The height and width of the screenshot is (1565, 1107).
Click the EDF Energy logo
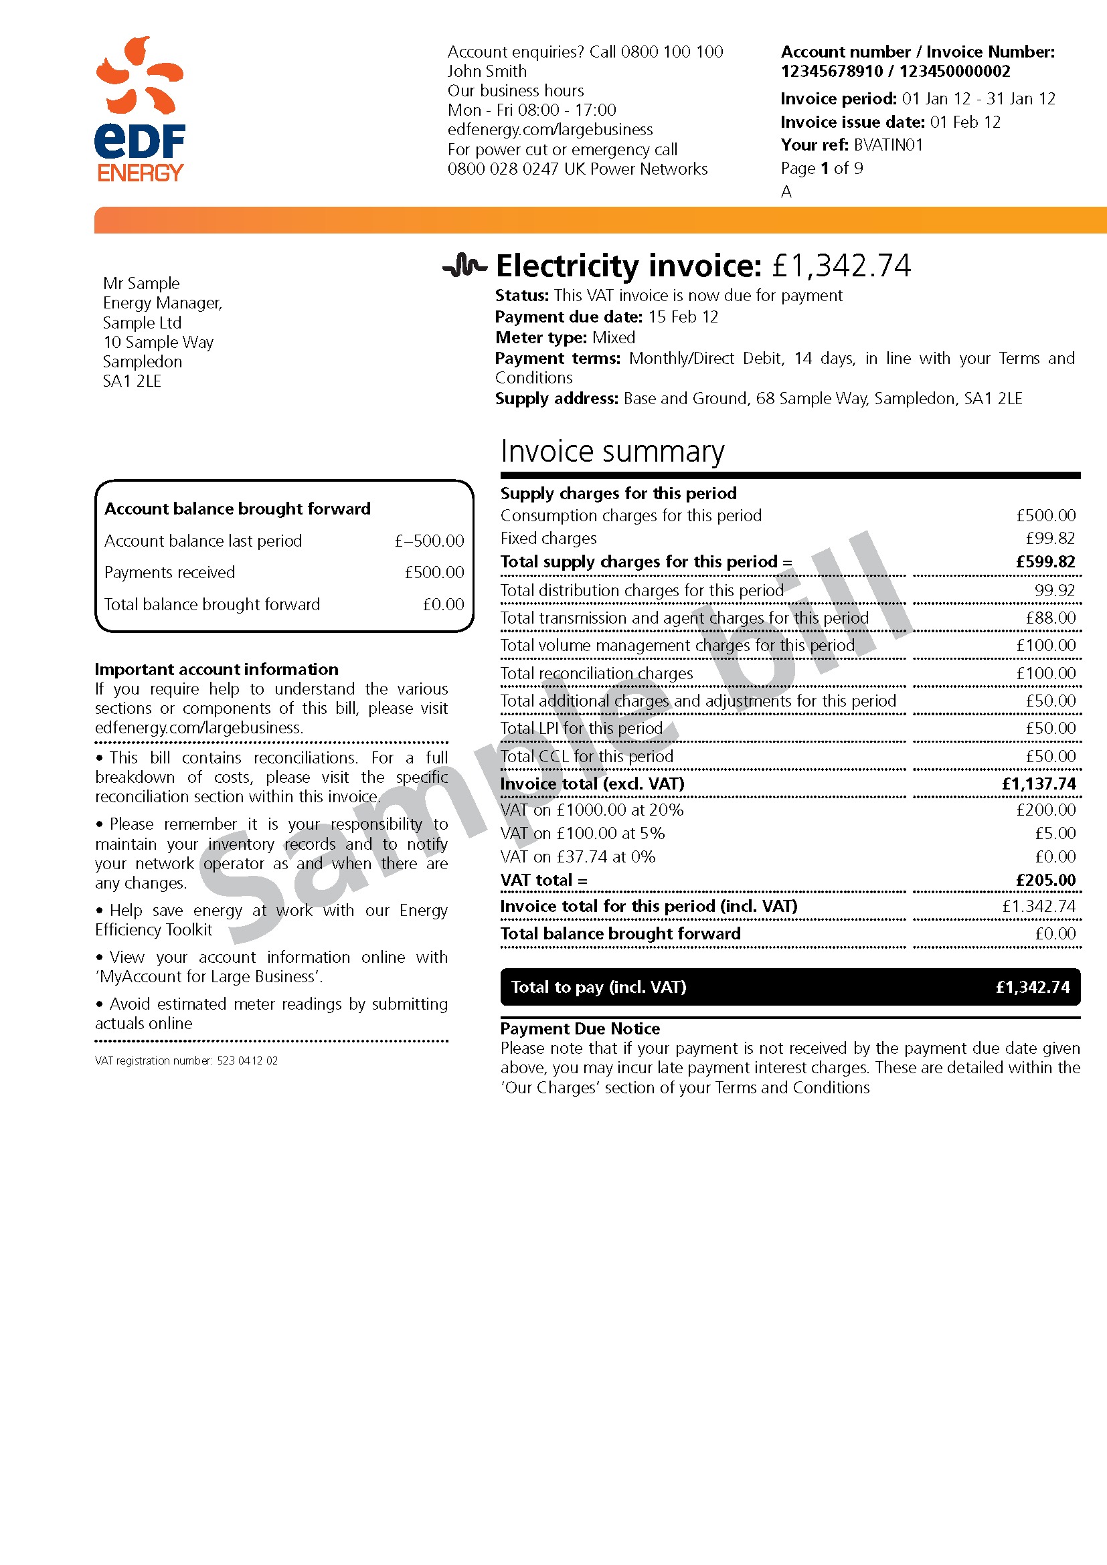(x=140, y=109)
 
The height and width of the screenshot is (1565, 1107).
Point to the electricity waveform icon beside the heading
(x=465, y=266)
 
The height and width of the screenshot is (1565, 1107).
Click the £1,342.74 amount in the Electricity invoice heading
(x=841, y=266)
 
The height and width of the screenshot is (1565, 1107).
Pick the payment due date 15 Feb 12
(x=683, y=317)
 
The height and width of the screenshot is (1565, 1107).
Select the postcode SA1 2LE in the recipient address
(x=133, y=381)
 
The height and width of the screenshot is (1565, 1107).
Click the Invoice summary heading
(x=612, y=451)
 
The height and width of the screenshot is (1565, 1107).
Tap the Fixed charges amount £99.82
(x=1049, y=539)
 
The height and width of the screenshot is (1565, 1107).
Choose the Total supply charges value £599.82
(x=1045, y=561)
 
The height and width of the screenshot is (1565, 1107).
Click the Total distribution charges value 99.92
(x=1055, y=590)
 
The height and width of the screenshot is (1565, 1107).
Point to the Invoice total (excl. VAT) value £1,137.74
(x=1038, y=784)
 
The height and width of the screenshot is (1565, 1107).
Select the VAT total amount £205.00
(x=1045, y=881)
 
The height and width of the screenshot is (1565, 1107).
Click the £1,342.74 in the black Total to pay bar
(x=1032, y=987)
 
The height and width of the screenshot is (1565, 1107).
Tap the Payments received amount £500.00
(x=434, y=573)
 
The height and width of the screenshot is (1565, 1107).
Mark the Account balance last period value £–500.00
(x=429, y=541)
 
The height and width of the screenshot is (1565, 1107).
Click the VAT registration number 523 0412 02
(x=247, y=1061)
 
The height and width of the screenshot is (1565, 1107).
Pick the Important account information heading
(x=217, y=669)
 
